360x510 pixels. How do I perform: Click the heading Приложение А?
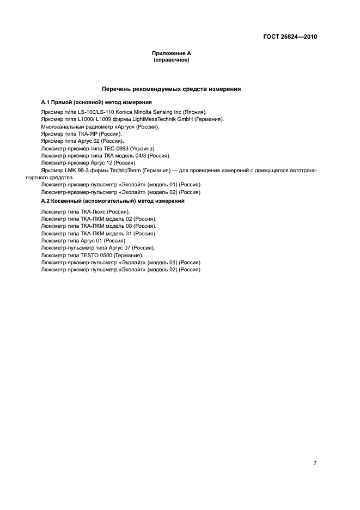pos(171,53)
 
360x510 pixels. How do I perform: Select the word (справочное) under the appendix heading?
pos(171,59)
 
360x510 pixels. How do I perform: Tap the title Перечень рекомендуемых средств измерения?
pos(171,88)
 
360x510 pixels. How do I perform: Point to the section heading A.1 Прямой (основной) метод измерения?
pos(96,102)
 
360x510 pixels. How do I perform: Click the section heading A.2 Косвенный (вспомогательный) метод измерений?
pos(113,201)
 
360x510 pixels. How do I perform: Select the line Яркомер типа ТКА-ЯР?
pos(81,133)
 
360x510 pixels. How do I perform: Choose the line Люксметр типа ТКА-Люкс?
pos(85,211)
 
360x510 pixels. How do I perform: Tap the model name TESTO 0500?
pos(95,255)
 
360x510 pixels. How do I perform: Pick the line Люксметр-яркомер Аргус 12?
pos(89,163)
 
